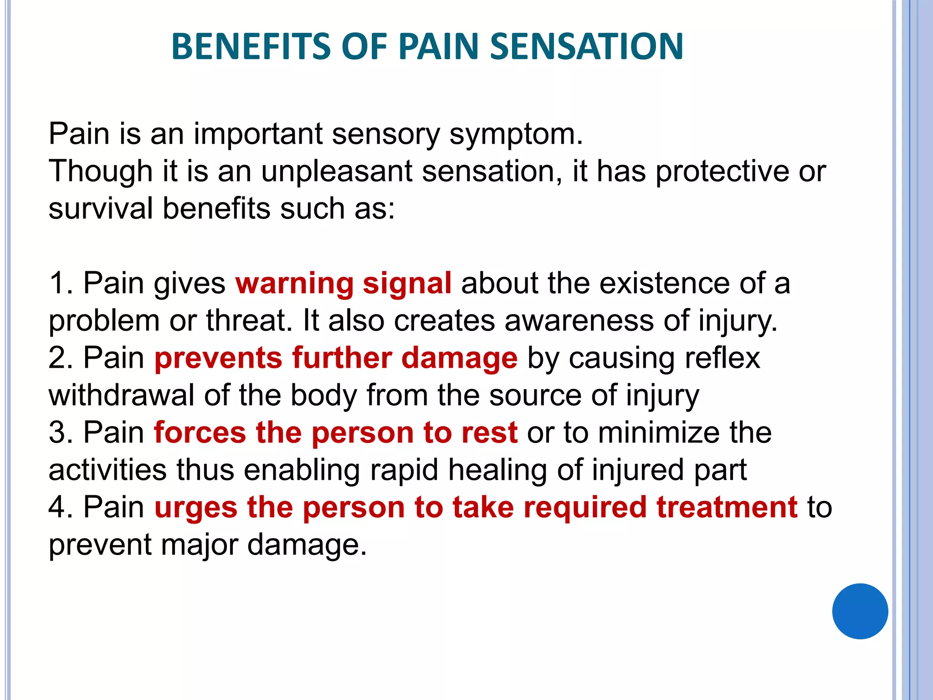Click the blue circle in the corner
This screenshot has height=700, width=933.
(860, 611)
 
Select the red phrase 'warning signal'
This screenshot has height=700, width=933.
(343, 283)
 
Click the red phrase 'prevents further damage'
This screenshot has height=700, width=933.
(336, 358)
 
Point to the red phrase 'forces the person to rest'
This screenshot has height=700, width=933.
(336, 432)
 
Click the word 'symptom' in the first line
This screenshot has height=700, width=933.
(515, 135)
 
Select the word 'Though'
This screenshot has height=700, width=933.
(101, 172)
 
